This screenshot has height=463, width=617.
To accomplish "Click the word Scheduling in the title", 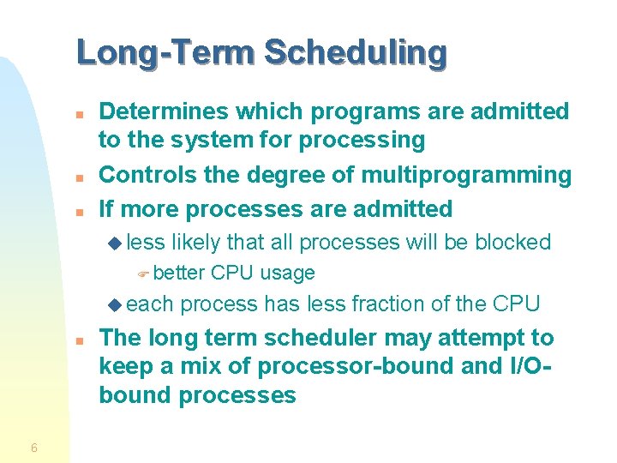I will [356, 53].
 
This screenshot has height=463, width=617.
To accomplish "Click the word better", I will [179, 274].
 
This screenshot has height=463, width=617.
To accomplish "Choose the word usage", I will [287, 274].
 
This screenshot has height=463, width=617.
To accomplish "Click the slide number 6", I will [33, 448].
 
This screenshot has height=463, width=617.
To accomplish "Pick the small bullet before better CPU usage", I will [144, 274].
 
